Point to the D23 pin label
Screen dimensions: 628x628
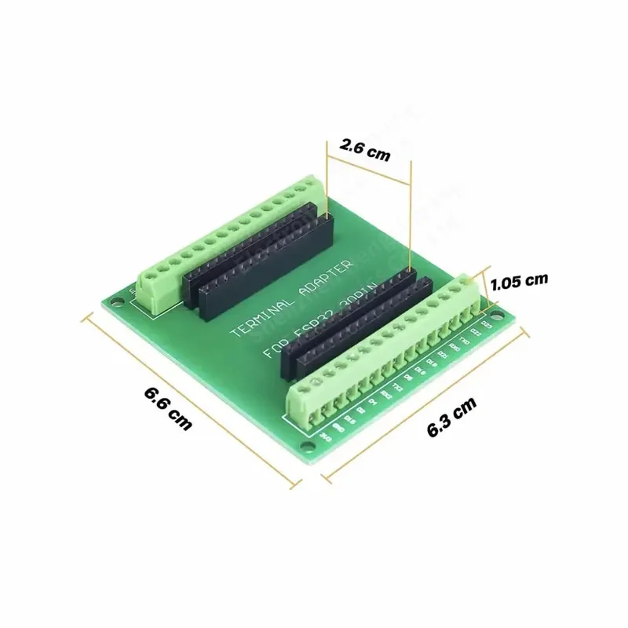click(487, 323)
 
